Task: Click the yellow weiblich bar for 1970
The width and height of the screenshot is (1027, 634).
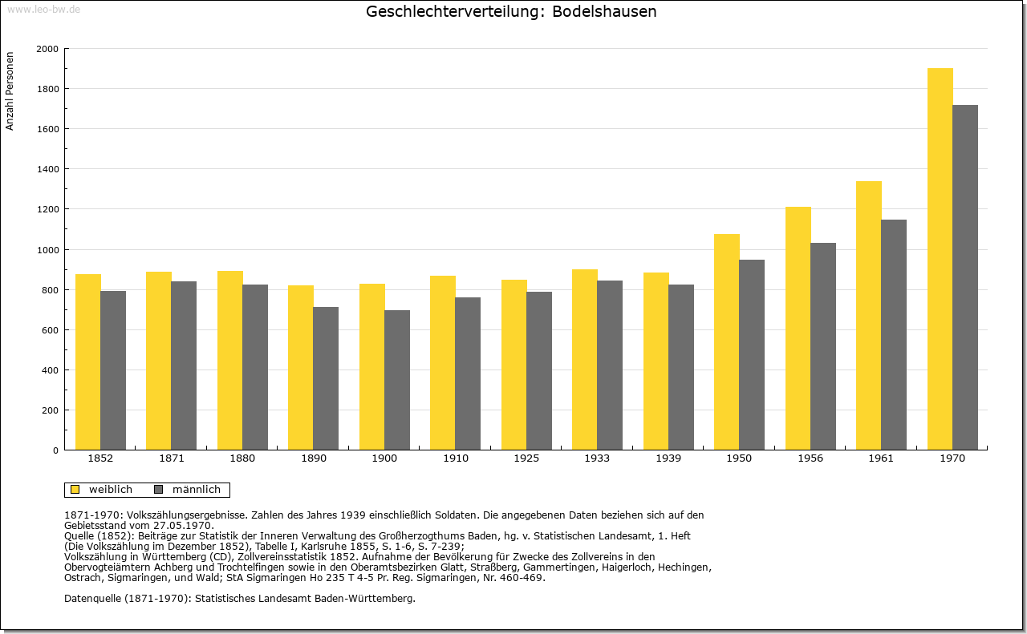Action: pos(940,259)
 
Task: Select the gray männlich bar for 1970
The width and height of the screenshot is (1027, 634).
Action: pos(965,277)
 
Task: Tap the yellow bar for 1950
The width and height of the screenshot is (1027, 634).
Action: pos(727,342)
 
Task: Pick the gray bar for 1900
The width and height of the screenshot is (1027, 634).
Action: pos(397,380)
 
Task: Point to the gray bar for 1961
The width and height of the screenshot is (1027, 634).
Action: pos(894,335)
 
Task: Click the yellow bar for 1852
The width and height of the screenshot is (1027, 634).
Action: pos(88,362)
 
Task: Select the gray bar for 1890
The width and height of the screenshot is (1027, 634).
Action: pos(326,378)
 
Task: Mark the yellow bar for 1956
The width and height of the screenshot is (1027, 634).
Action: pos(798,329)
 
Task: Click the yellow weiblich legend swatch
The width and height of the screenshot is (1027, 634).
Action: pos(75,490)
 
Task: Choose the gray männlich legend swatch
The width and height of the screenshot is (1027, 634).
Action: pos(159,490)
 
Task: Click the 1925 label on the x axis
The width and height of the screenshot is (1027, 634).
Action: pos(526,458)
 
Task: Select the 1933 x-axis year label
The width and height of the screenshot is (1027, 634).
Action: pos(597,458)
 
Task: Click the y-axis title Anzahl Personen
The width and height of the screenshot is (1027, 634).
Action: pos(10,91)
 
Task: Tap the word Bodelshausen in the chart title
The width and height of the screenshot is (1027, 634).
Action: pos(604,11)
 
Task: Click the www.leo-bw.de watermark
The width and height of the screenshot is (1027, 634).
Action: pos(43,10)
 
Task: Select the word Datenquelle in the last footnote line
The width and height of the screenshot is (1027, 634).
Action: pos(93,599)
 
